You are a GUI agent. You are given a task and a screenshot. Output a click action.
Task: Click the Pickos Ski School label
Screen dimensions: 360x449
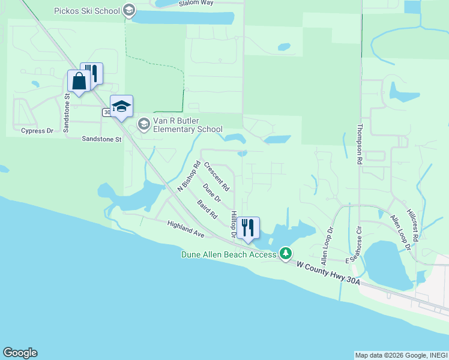tap(87, 11)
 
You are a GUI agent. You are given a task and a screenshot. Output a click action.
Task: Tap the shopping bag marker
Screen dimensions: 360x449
tap(79, 82)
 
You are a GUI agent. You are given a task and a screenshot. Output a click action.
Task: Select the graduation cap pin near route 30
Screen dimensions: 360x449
tap(122, 107)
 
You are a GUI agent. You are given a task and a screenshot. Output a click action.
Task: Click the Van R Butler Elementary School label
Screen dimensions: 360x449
tap(188, 125)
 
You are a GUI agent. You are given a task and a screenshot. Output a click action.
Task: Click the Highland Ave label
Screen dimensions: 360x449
tap(186, 228)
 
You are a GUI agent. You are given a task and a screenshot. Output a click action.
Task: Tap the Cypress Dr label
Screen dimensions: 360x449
tap(37, 130)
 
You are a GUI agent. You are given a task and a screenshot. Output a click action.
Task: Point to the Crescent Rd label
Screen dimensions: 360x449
tap(217, 176)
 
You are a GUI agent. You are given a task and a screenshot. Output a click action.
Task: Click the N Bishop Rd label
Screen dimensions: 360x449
tap(188, 176)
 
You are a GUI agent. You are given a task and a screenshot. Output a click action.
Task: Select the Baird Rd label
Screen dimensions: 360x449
tap(206, 209)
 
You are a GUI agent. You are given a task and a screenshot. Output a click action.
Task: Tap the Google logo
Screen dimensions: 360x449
tap(20, 353)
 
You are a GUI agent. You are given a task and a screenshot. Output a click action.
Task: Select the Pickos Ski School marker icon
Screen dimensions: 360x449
tap(128, 10)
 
